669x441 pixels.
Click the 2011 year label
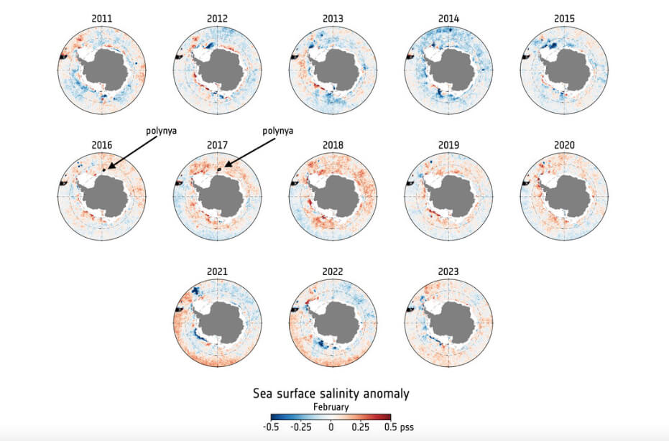[101, 18]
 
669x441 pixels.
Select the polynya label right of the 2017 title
[278, 131]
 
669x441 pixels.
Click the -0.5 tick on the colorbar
[271, 427]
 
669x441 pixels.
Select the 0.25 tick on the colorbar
[360, 427]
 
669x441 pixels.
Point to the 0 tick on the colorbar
[331, 427]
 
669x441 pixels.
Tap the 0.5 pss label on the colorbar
[399, 427]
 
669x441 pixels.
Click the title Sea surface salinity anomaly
[331, 394]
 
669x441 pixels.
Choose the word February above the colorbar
[331, 407]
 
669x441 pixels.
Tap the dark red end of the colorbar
[387, 417]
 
